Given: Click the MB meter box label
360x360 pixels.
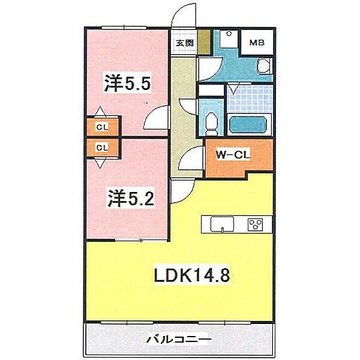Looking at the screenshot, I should pyautogui.click(x=257, y=43).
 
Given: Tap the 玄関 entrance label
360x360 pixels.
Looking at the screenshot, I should pyautogui.click(x=184, y=43).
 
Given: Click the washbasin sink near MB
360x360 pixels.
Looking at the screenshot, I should pyautogui.click(x=263, y=65).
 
